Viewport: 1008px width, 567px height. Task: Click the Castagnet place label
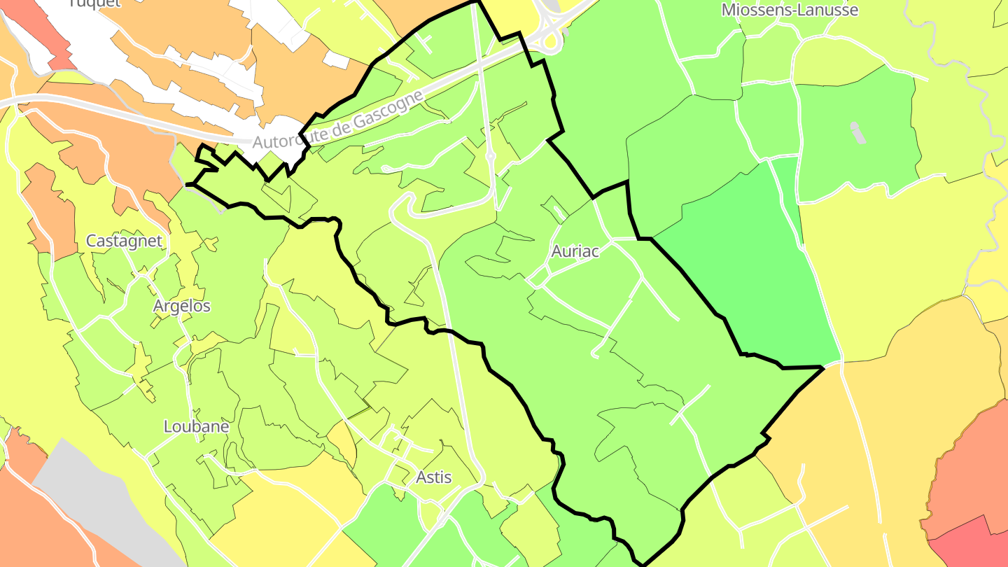(x=124, y=241)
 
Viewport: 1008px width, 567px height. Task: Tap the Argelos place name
(x=182, y=306)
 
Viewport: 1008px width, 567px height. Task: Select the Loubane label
(x=196, y=426)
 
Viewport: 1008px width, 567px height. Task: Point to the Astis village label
(x=433, y=477)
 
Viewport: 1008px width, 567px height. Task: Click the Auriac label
(x=575, y=251)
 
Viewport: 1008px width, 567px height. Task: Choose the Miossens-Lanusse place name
(x=790, y=10)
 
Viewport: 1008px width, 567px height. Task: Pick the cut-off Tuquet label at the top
(x=94, y=3)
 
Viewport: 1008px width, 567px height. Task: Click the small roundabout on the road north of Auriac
(x=490, y=155)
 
